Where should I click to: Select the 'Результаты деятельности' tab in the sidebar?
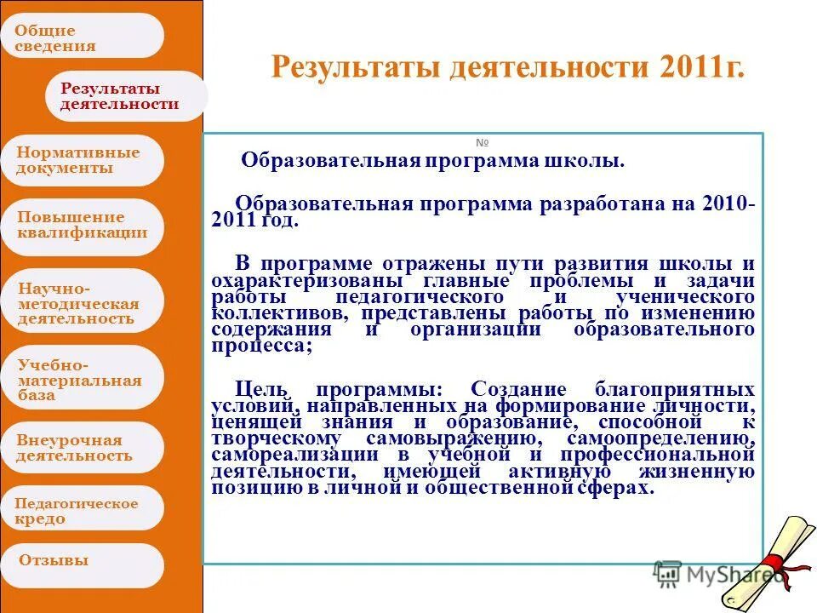click(x=123, y=96)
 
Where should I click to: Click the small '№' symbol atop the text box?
click(x=483, y=143)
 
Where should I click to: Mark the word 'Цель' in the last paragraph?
click(x=254, y=388)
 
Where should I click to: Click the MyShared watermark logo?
click(x=719, y=576)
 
